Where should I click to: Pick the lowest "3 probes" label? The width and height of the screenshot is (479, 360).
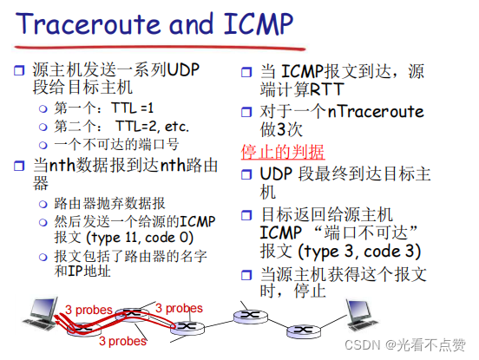[121, 342]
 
